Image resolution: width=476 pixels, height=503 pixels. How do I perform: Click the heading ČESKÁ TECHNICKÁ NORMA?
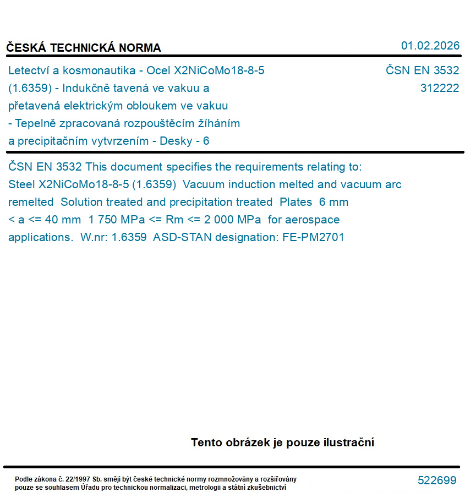coord(84,48)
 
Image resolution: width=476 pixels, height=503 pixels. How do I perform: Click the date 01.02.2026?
coord(430,46)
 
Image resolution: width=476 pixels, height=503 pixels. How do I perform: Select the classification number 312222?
coord(439,88)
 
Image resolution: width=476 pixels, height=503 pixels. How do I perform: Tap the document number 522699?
coord(437,480)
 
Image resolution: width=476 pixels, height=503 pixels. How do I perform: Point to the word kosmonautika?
coord(98,70)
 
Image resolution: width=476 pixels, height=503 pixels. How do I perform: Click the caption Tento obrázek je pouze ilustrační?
coord(282,442)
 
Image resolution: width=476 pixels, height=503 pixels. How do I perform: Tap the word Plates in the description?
coord(296,202)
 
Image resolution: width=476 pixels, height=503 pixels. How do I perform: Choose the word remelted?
coord(31,202)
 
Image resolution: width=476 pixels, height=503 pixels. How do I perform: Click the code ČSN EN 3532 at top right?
coord(422,70)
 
